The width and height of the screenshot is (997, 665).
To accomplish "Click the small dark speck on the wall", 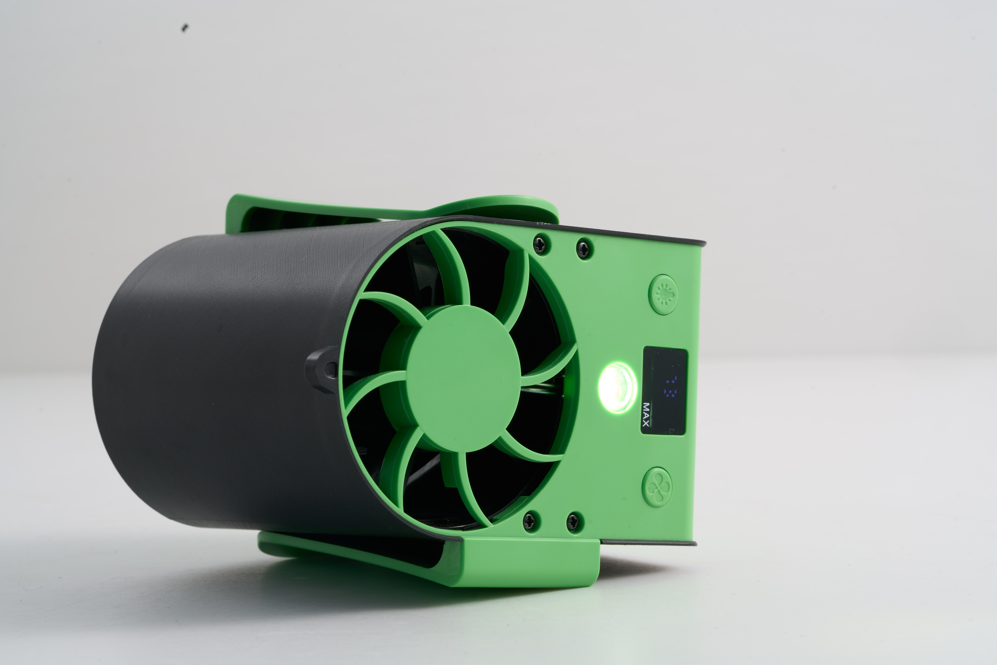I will [185, 28].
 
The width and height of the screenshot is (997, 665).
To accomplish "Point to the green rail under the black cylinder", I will [339, 551].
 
